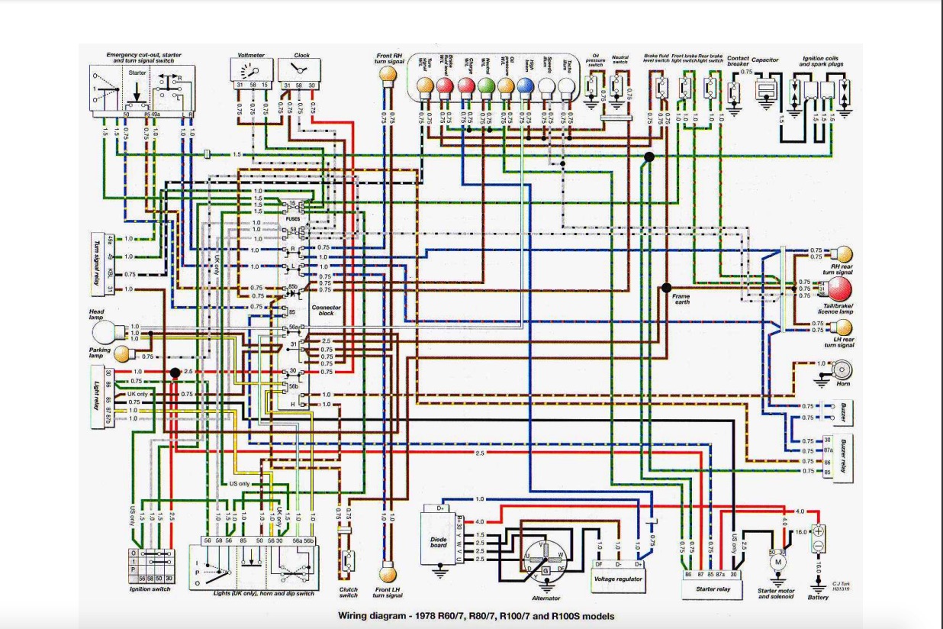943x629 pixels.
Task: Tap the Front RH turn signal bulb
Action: [x=388, y=73]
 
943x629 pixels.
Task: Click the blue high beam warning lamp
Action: [x=524, y=85]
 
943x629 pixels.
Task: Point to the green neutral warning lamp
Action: [x=485, y=85]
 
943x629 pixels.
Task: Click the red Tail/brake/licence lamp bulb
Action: [x=838, y=289]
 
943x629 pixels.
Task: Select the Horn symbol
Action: [x=842, y=370]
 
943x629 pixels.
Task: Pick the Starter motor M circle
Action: [x=779, y=562]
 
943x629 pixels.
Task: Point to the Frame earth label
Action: [x=681, y=299]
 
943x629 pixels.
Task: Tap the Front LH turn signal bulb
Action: [x=388, y=573]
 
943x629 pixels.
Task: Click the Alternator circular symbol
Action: [x=545, y=556]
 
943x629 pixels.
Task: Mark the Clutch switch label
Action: [x=348, y=592]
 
